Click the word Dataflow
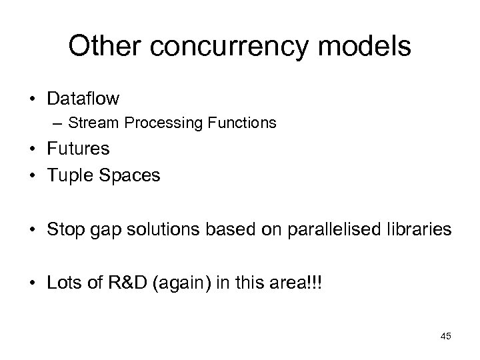pos(83,99)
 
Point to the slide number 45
pos(445,337)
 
